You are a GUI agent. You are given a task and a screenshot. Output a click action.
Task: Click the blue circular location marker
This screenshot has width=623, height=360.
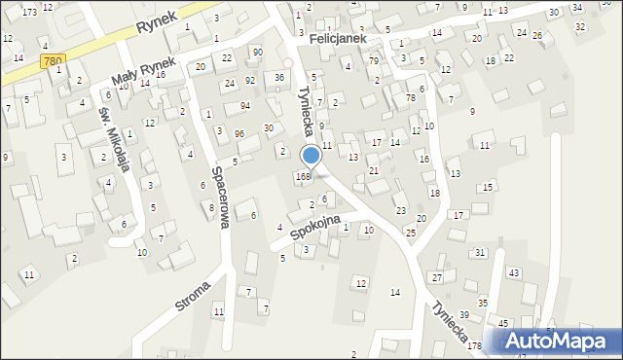pos(311,155)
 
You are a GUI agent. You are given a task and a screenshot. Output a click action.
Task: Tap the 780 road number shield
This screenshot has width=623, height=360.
pos(54,61)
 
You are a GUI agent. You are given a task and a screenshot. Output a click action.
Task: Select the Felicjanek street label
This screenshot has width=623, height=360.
pos(337,37)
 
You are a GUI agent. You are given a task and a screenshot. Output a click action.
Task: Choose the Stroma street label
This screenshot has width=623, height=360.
pos(193,294)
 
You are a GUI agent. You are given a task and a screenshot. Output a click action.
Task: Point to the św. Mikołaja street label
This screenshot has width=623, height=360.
pos(114,137)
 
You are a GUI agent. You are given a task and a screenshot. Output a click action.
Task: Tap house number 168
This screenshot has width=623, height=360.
pos(303,176)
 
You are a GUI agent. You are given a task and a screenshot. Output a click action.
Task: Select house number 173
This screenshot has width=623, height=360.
pos(30,12)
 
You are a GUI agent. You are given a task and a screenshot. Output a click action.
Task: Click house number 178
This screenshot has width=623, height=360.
pos(474,346)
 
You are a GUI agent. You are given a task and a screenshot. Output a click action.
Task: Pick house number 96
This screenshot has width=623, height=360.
pos(238,132)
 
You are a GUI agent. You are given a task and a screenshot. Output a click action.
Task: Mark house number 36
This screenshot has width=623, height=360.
pos(279,77)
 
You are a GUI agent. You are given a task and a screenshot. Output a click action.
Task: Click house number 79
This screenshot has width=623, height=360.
pos(374,61)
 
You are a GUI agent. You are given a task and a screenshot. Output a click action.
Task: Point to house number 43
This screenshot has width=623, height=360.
pos(513,271)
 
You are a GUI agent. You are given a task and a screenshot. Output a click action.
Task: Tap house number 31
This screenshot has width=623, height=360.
pos(480,253)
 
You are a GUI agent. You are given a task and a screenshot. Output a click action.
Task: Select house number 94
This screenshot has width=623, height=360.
pos(245,105)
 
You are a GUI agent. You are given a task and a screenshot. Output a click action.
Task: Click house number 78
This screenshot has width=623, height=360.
pos(411,98)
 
